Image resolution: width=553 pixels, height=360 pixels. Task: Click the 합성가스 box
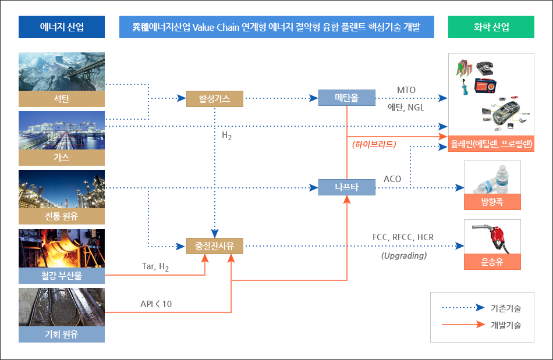[x=214, y=99]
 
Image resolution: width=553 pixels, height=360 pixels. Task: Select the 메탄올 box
[x=346, y=98]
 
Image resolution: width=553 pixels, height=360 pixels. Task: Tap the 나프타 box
[x=346, y=187]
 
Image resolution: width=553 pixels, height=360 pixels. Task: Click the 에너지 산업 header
[x=62, y=27]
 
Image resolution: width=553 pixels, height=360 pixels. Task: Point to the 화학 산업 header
[x=491, y=27]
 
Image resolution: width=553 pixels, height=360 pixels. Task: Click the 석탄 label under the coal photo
[x=62, y=99]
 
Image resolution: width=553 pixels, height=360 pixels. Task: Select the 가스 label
[x=62, y=158]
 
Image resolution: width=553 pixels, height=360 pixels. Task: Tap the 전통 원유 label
[x=62, y=217]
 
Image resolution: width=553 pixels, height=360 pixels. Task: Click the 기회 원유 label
[x=62, y=334]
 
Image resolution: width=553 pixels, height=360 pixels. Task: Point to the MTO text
[x=406, y=90]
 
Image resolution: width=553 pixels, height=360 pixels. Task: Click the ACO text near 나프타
[x=392, y=179]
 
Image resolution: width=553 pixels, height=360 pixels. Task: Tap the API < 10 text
[x=156, y=304]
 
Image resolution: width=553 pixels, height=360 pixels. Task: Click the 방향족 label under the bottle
[x=492, y=202]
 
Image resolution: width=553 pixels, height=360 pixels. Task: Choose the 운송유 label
[x=492, y=262]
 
